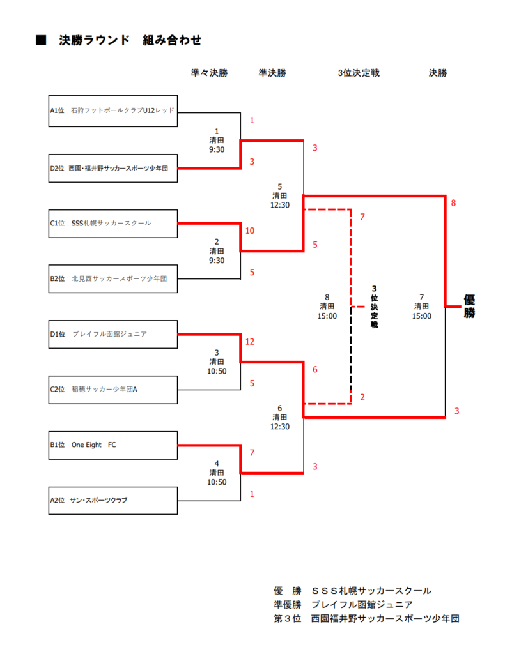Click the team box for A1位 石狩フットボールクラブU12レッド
(113, 111)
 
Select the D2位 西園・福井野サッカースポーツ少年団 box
(113, 169)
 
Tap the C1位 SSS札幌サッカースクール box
(113, 224)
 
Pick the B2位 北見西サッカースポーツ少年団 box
(113, 278)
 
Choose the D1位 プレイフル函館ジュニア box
(113, 334)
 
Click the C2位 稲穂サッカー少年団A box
(113, 390)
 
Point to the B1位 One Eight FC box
(113, 445)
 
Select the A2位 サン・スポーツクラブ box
(113, 501)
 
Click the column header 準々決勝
(210, 73)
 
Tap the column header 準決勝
(272, 73)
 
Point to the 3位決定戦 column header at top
(359, 73)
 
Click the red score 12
(250, 342)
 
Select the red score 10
(250, 231)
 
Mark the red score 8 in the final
(454, 203)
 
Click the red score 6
(315, 370)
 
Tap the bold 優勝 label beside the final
(469, 306)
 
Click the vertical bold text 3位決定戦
(375, 307)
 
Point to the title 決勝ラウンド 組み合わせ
(130, 40)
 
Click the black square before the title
(41, 40)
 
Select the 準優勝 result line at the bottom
(343, 604)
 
